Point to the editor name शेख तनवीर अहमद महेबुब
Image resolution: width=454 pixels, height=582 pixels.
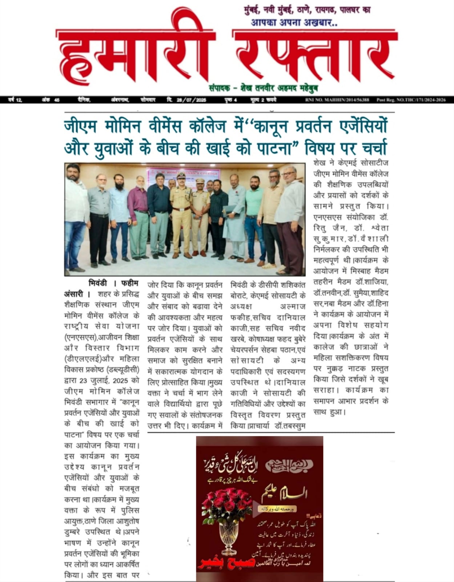pyautogui.click(x=273, y=88)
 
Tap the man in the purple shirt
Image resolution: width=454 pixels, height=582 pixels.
pyautogui.click(x=138, y=218)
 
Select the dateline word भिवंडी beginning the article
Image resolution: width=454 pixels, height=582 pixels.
pyautogui.click(x=97, y=283)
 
